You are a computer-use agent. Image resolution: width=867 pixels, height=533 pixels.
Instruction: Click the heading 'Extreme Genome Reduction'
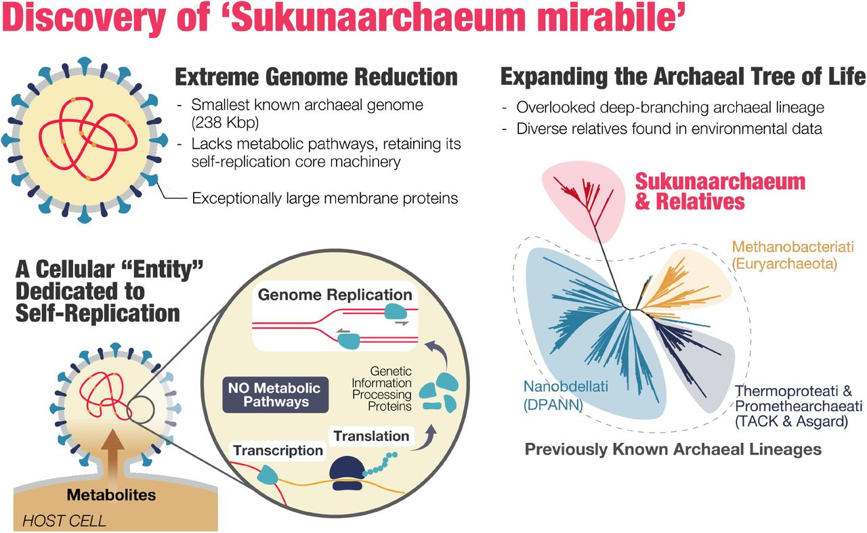point(316,77)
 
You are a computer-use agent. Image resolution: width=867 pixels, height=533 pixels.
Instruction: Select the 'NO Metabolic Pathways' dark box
point(274,395)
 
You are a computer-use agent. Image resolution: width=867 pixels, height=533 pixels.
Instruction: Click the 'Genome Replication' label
point(335,295)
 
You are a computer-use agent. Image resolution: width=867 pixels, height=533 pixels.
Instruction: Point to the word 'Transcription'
point(278,450)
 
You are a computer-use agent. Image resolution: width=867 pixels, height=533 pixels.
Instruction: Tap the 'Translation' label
point(372,435)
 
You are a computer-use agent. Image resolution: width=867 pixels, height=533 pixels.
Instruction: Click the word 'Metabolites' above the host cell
point(111,494)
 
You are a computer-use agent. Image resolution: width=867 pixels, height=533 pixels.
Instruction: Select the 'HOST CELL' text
point(65,521)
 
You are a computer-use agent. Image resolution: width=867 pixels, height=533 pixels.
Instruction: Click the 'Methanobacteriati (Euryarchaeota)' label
point(792,255)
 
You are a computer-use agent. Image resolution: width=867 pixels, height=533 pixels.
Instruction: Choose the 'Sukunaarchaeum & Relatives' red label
point(719,191)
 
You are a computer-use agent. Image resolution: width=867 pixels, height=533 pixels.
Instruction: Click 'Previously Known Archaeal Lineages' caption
point(673,449)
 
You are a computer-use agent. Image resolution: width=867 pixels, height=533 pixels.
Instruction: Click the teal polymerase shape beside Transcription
point(268,475)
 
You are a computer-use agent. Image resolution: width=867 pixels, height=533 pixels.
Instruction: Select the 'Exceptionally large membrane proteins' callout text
point(325,198)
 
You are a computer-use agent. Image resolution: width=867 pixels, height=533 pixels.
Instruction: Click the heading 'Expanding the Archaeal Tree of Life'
point(683,77)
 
